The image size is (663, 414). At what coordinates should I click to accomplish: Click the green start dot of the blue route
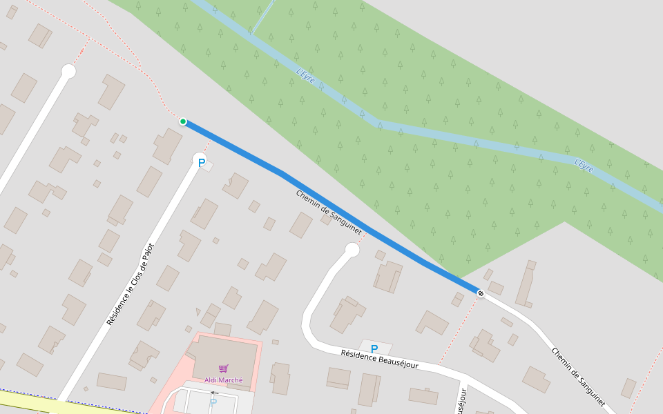click(x=183, y=121)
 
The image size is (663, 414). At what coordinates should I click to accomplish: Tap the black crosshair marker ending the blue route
click(x=481, y=294)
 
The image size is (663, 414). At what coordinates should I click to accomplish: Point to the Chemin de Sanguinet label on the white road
click(x=578, y=376)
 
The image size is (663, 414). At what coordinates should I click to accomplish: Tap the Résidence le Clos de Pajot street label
click(x=131, y=284)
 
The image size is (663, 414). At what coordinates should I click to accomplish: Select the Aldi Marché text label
click(x=223, y=379)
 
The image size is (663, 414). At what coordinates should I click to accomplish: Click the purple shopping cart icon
click(x=223, y=368)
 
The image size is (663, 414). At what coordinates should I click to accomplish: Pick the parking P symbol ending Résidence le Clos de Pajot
click(x=202, y=164)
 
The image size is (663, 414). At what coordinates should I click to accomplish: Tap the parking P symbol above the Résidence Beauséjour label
click(x=374, y=349)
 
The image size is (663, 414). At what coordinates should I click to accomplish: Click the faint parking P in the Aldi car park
click(x=213, y=402)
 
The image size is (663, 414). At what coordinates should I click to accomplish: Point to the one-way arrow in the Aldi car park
click(x=214, y=392)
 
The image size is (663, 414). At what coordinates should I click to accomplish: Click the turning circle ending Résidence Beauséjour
click(x=352, y=250)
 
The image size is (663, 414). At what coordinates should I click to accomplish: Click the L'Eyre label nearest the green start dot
click(x=305, y=75)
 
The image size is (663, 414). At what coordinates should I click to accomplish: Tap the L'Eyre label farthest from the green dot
click(x=584, y=166)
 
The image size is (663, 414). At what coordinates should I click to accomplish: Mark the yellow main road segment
click(x=28, y=400)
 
